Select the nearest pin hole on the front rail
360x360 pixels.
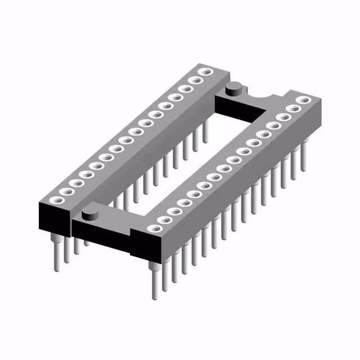pos(153,228)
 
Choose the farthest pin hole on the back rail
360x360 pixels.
pos(206,71)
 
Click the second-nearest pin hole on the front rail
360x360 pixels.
pos(164,219)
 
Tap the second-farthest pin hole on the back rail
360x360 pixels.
pos(196,80)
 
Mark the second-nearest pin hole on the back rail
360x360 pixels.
pos(66,192)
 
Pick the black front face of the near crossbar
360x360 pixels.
pos(101,238)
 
